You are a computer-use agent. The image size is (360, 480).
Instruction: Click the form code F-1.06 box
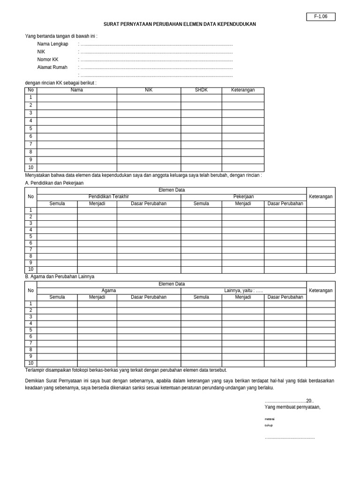(x=321, y=17)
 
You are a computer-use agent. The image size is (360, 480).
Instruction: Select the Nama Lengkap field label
(x=52, y=44)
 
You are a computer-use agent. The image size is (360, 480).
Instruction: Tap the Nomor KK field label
(x=48, y=60)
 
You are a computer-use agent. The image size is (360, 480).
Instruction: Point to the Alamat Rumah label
(x=52, y=67)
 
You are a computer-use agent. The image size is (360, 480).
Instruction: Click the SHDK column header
(x=201, y=90)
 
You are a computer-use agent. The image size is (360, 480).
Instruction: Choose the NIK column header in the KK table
(x=149, y=90)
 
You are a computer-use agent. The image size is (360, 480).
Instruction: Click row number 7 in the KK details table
(x=30, y=144)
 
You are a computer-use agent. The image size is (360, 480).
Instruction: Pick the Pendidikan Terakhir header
(x=109, y=197)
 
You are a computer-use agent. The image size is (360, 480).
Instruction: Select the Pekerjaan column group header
(x=243, y=197)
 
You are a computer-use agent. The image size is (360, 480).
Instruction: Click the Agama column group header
(x=109, y=291)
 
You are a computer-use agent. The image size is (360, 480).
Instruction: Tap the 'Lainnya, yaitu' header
(x=243, y=291)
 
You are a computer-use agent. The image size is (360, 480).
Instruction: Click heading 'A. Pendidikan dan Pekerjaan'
(x=54, y=183)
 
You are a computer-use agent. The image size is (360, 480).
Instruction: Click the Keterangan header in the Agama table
(x=321, y=291)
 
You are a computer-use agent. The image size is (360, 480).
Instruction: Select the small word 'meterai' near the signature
(x=270, y=419)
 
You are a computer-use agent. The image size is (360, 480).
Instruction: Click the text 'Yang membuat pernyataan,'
(x=292, y=407)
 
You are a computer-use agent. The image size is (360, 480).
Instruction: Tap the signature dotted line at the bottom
(x=290, y=438)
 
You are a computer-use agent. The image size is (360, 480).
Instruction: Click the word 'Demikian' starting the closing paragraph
(x=35, y=381)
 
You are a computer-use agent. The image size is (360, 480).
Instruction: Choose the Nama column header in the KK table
(x=76, y=90)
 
